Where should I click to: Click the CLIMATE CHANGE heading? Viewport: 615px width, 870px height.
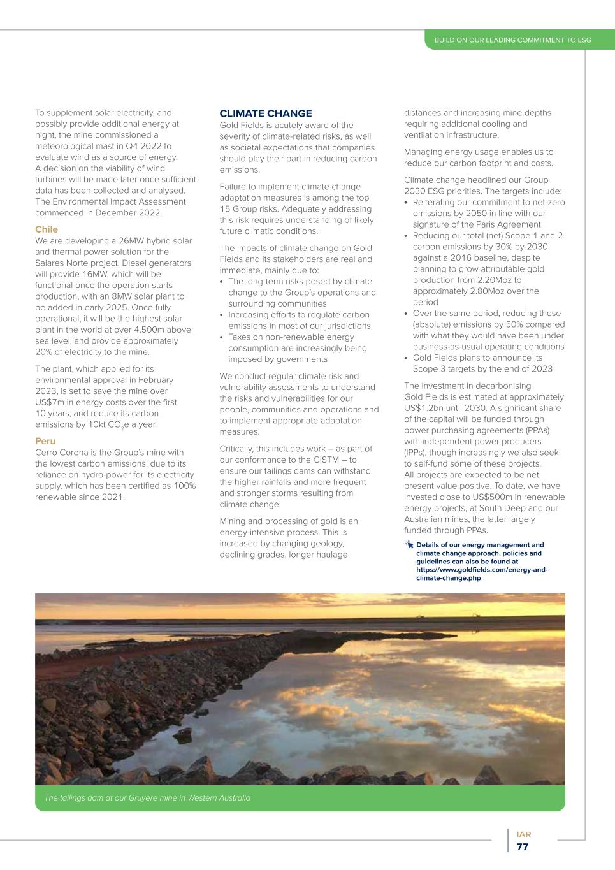(x=266, y=113)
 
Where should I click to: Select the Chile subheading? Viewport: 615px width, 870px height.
(x=47, y=229)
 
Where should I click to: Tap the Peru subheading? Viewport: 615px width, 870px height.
(x=45, y=441)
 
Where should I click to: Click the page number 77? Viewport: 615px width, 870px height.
(x=523, y=847)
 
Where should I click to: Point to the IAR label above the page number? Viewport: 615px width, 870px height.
(x=523, y=834)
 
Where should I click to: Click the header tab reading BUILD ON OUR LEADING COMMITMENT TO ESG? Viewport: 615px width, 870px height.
(x=512, y=40)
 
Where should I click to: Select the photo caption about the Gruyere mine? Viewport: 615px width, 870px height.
(x=147, y=798)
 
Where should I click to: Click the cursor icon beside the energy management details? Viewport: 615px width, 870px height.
(x=409, y=545)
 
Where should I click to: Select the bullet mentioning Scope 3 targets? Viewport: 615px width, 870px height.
(x=482, y=363)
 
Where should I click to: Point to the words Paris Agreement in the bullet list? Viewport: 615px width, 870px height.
(x=510, y=224)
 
